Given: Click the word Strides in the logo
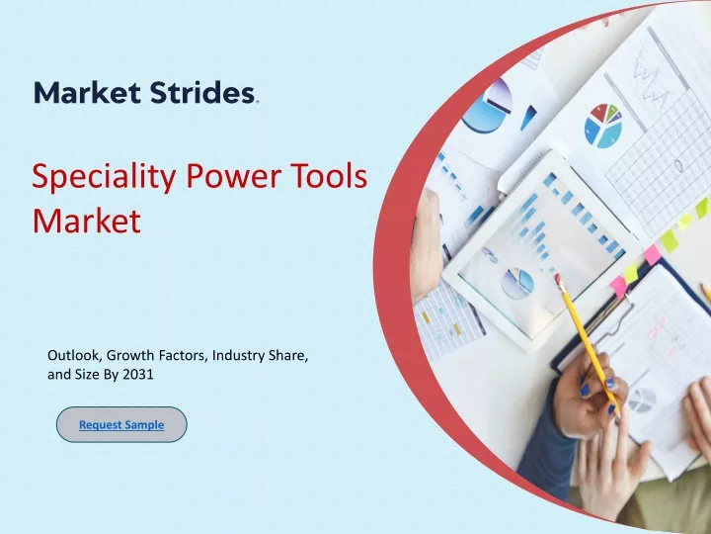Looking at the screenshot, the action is [x=202, y=93].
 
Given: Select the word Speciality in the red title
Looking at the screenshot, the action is [x=104, y=178].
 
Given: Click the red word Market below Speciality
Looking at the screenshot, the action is [x=87, y=221].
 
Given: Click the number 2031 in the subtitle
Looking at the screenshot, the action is [x=138, y=375].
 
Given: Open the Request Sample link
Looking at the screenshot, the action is [x=121, y=425].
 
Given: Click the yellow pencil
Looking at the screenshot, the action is [x=588, y=344].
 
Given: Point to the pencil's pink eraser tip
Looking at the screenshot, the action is [x=558, y=278].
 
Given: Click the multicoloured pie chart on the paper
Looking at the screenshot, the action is [x=603, y=126].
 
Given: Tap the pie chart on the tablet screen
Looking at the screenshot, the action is [x=517, y=284].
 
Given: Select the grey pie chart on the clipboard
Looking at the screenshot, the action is [x=642, y=400].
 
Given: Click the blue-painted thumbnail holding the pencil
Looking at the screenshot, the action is [x=585, y=390].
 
